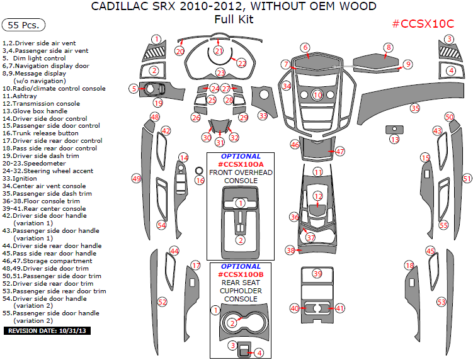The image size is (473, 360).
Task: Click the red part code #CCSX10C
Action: (423, 24)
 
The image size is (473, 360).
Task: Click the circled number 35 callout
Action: (414, 108)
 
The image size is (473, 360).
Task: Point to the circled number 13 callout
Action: (394, 140)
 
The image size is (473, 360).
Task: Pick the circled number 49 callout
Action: (136, 179)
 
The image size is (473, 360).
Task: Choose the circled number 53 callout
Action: (442, 302)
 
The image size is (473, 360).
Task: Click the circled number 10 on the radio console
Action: (317, 95)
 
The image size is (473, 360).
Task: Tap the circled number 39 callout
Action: (317, 274)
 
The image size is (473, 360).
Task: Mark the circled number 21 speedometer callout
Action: (219, 50)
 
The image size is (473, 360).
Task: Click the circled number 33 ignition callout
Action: (263, 116)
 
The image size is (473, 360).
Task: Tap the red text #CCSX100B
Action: (240, 274)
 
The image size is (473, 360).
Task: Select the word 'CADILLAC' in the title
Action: (120, 7)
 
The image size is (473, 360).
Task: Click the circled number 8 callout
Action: (389, 48)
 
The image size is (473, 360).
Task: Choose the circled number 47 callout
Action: (340, 152)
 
